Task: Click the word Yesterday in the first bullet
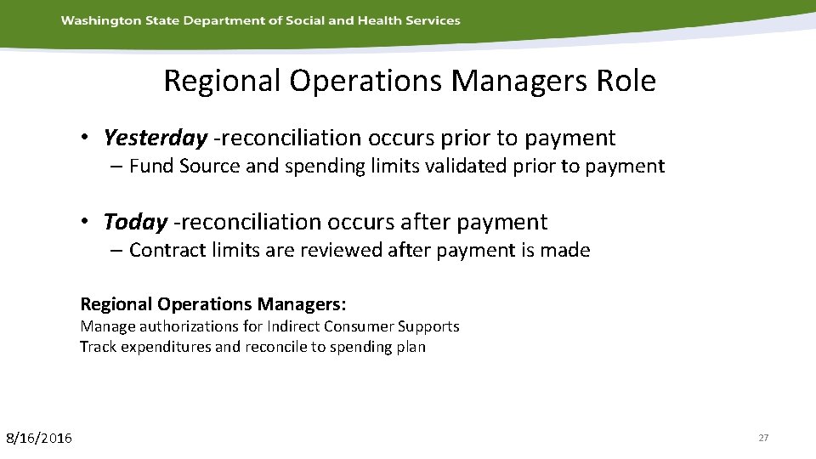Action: click(155, 138)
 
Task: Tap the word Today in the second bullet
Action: click(135, 223)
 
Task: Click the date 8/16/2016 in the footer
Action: click(39, 438)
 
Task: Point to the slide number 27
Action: click(762, 438)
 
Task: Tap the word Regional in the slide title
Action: click(223, 82)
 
